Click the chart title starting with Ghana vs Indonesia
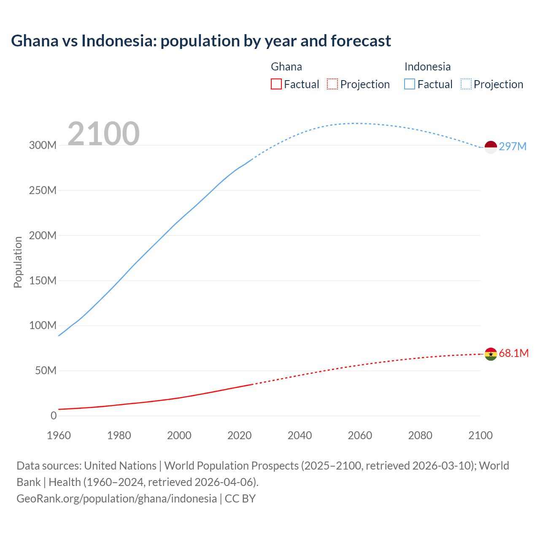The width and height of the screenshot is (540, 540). (x=201, y=41)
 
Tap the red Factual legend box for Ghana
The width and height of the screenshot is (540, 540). (x=276, y=84)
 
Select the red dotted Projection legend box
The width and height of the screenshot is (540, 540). (x=332, y=84)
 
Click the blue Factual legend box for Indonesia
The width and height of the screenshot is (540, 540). (x=409, y=84)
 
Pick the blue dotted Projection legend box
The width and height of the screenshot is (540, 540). (x=466, y=84)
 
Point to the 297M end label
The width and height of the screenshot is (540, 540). (x=513, y=146)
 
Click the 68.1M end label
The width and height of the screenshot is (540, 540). (x=513, y=353)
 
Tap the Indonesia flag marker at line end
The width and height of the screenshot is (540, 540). (x=491, y=147)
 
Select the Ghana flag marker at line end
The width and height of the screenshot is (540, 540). (x=491, y=354)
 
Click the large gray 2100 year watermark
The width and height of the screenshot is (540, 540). (x=103, y=134)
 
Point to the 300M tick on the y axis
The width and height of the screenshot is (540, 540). (x=43, y=145)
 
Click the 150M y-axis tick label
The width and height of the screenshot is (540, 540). (x=43, y=281)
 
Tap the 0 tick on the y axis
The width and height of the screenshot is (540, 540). (x=54, y=416)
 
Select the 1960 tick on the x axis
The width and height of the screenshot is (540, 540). (x=59, y=435)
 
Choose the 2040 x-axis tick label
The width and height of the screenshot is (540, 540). (x=300, y=435)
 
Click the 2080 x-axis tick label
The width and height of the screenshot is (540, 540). (x=420, y=435)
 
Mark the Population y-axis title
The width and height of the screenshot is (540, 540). (x=18, y=262)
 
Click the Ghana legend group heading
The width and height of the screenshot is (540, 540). (x=286, y=67)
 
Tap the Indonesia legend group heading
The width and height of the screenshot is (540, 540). (x=427, y=67)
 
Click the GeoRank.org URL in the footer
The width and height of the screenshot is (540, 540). (x=116, y=498)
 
